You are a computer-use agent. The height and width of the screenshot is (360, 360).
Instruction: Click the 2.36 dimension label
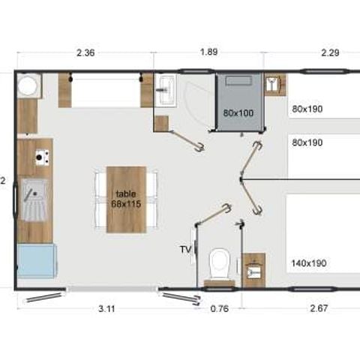(x=85, y=52)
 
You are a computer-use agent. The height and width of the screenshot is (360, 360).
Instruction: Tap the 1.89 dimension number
(x=208, y=52)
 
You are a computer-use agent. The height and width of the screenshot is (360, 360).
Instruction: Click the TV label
(x=185, y=248)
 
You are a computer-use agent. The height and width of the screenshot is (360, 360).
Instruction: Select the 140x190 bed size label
(x=307, y=263)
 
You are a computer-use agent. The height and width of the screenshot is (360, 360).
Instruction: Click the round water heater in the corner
(x=29, y=88)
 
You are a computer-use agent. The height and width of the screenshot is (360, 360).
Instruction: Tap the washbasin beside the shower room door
(x=164, y=89)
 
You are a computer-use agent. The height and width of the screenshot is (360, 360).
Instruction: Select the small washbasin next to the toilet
(x=254, y=265)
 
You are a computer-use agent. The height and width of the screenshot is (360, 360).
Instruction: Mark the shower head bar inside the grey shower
(x=239, y=80)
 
